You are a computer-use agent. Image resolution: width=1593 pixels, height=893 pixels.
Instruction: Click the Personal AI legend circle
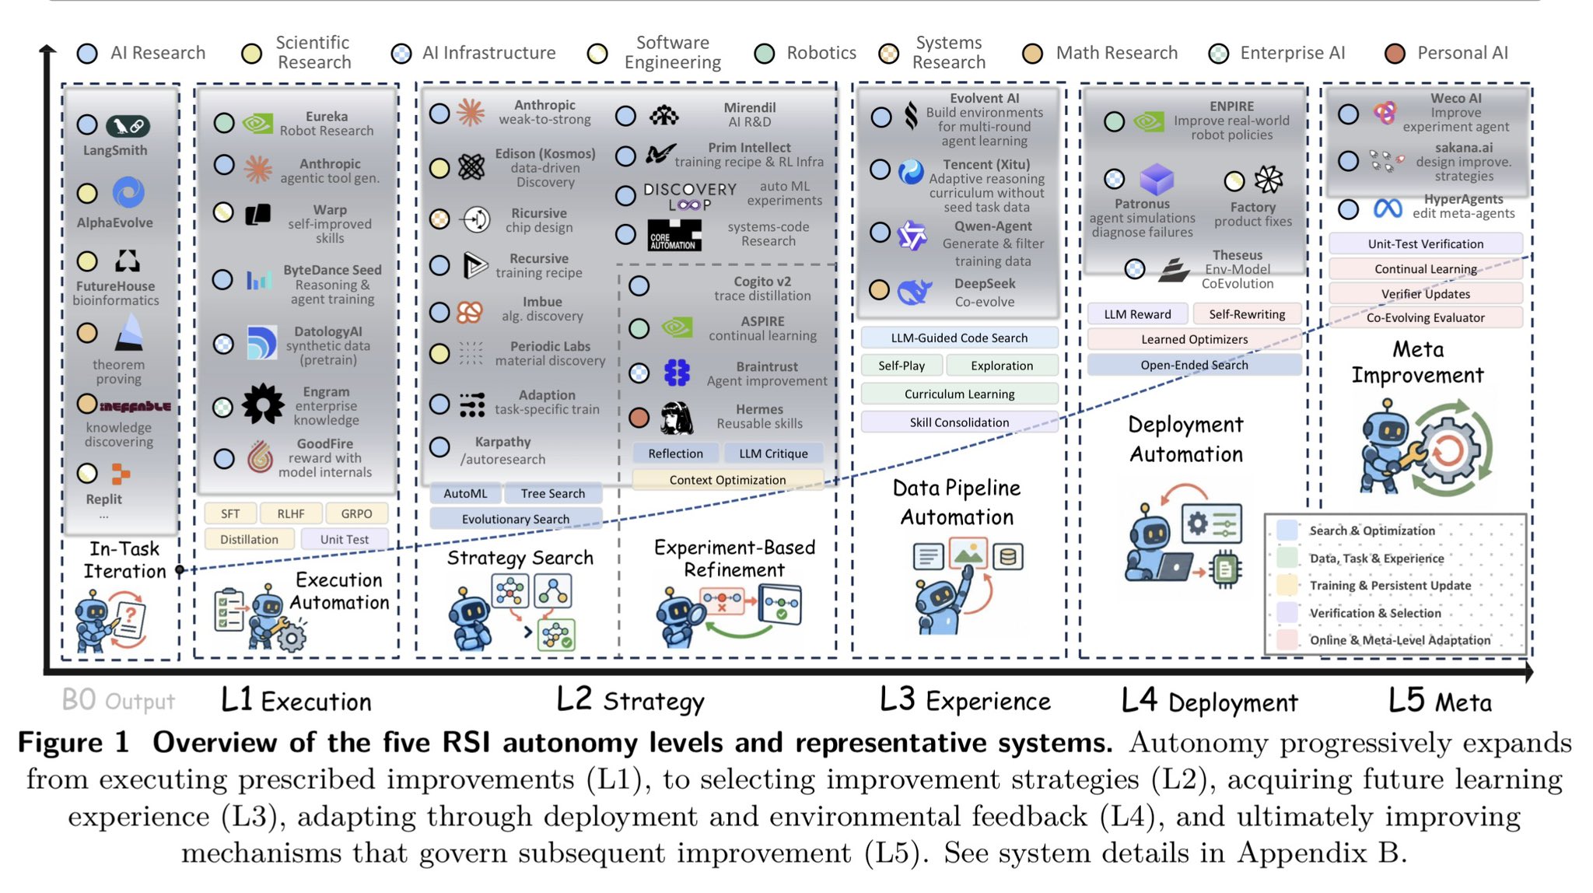tap(1395, 54)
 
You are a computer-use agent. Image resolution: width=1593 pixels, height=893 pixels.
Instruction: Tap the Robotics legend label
tap(821, 53)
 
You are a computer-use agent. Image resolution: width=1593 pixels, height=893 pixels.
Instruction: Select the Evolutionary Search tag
tap(516, 519)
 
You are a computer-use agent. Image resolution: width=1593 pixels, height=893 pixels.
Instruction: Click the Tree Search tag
tap(553, 493)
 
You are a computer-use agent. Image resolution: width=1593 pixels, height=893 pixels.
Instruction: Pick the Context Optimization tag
tap(727, 480)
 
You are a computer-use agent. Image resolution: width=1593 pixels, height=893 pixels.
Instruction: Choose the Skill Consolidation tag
tap(959, 422)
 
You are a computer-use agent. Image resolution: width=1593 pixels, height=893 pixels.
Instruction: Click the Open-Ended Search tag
tap(1194, 365)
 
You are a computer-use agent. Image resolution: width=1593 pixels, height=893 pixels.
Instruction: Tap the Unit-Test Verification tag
tap(1426, 243)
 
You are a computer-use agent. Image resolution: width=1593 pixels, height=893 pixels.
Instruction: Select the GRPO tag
tap(356, 513)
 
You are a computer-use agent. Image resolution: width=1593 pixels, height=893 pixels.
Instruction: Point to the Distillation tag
tap(249, 539)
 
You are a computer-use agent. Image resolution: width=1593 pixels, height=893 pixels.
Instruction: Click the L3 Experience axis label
tap(965, 700)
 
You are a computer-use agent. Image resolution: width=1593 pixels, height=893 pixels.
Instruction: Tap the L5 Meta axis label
tap(1440, 701)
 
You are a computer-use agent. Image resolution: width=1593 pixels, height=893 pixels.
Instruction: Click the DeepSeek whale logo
tap(914, 292)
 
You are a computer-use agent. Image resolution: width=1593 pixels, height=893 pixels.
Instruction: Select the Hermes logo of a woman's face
tap(677, 418)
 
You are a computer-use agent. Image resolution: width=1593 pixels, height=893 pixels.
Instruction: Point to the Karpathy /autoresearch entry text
tap(502, 450)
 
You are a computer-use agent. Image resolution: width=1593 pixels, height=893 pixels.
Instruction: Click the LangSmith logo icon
tap(128, 126)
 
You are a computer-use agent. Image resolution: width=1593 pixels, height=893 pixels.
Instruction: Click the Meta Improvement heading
tap(1417, 362)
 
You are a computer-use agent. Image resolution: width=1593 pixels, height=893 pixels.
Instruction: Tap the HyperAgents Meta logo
tap(1388, 208)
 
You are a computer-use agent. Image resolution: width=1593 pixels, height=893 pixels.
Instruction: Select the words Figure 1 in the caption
tap(73, 742)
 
